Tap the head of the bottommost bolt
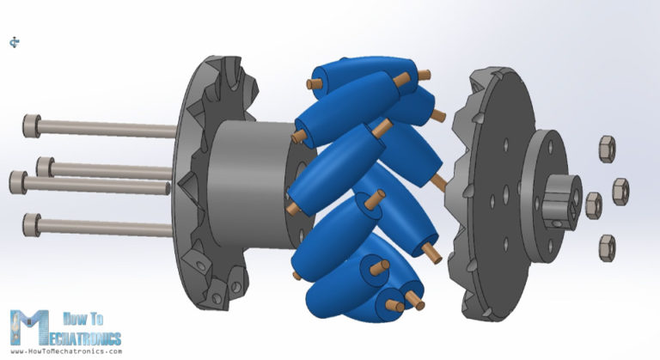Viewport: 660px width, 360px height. [33, 224]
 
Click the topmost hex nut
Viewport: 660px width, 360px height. [606, 149]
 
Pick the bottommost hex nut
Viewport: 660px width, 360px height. [607, 245]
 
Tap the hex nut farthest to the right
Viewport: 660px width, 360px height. [620, 191]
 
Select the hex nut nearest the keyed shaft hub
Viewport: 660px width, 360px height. [593, 204]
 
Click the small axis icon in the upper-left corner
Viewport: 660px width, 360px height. [15, 41]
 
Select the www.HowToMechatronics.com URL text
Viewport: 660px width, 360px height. [65, 351]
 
